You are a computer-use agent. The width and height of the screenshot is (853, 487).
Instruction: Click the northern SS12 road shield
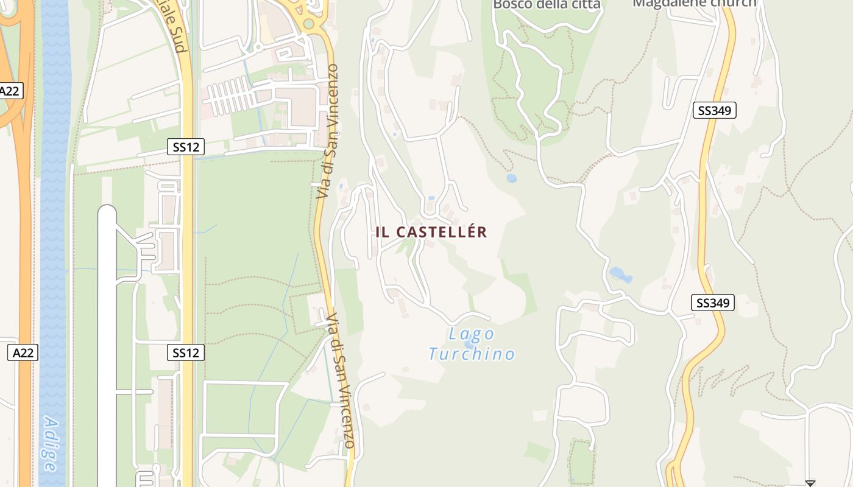click(x=186, y=147)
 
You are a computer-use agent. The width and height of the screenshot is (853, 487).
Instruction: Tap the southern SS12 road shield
click(x=186, y=352)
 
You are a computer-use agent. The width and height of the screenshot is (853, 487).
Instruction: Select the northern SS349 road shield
click(x=715, y=110)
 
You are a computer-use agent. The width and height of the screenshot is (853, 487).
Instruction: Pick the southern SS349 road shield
click(x=713, y=303)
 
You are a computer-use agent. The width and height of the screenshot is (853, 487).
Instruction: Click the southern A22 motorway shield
click(x=23, y=352)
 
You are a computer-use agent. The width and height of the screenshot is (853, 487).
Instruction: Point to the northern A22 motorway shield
click(x=10, y=91)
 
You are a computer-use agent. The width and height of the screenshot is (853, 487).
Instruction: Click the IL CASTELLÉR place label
click(x=431, y=232)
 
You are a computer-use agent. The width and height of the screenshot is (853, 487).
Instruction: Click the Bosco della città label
click(x=547, y=4)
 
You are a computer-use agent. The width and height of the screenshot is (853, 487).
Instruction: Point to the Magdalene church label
click(x=694, y=3)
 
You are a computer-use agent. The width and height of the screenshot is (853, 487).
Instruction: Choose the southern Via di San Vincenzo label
click(x=340, y=380)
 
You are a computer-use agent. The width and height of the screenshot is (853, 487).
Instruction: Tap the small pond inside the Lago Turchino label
click(x=469, y=345)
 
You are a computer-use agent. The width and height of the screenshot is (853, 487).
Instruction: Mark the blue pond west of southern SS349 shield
click(x=620, y=275)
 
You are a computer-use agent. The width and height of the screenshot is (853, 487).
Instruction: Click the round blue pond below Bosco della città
click(x=511, y=178)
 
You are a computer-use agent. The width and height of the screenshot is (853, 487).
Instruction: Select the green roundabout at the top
click(x=309, y=24)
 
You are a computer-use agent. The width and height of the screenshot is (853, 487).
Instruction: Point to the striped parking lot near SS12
click(x=232, y=96)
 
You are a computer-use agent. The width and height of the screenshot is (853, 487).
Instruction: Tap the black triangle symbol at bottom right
click(x=810, y=483)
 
